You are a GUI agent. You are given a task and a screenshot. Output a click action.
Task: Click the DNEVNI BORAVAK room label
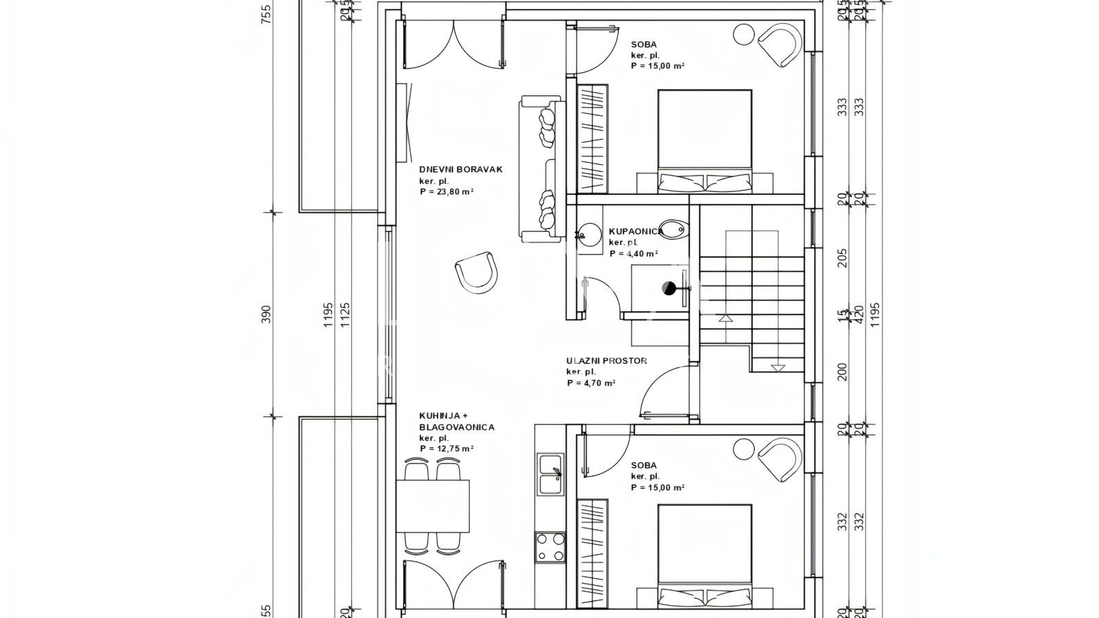pos(461,169)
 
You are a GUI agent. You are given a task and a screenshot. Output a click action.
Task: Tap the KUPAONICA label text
pos(635,231)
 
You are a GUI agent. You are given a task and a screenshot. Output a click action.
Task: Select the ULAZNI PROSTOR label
pos(606,360)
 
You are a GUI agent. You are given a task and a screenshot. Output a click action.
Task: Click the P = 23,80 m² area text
pos(446,192)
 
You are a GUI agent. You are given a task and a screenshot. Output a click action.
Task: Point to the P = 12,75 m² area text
pos(446,448)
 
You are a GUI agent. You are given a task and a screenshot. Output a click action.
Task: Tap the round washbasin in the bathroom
pos(589,233)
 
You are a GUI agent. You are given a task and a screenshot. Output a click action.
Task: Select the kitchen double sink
pos(550,474)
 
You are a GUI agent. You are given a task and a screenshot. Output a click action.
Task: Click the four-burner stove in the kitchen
pos(550,547)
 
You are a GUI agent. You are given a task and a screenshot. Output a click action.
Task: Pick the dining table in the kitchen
pos(433,506)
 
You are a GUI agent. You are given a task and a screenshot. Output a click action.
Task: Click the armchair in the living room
pos(476,271)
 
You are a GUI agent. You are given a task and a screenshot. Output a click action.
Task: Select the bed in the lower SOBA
pos(704,555)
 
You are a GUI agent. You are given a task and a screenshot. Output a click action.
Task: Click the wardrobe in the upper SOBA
pos(592,138)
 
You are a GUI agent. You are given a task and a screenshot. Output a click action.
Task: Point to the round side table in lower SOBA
pos(743,449)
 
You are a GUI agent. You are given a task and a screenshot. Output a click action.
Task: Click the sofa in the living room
pos(542,169)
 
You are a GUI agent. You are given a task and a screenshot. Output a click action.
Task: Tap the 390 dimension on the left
pos(267,314)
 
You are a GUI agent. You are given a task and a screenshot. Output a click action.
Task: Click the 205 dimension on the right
pos(843,257)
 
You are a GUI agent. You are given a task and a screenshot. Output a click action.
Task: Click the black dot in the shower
pos(668,288)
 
